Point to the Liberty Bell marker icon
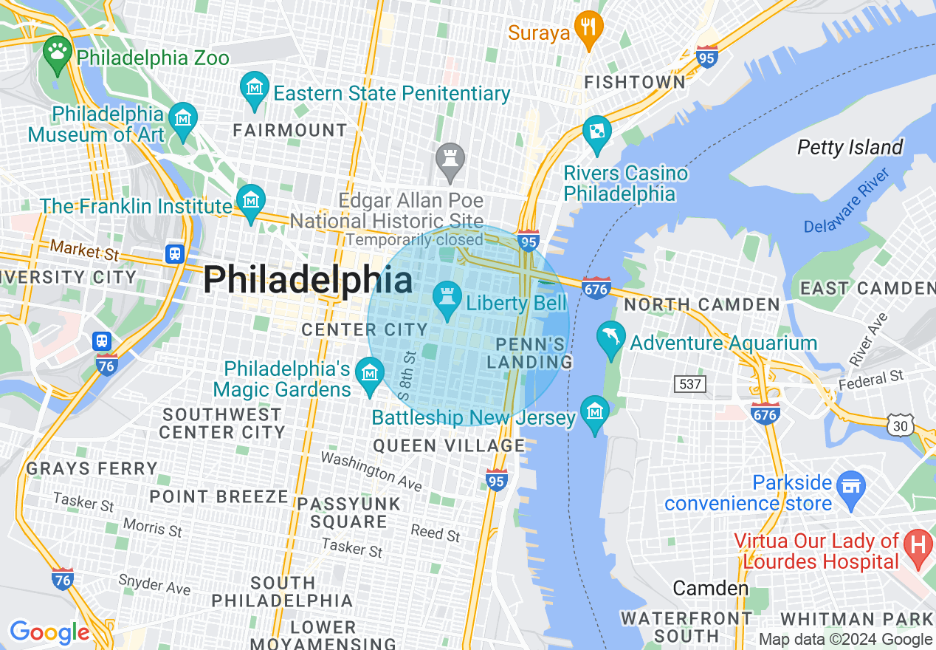tap(447, 298)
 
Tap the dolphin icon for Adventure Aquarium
tap(610, 338)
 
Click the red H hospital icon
tap(918, 546)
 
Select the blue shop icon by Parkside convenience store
tap(852, 487)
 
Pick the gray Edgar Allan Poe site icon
tap(449, 159)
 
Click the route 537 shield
tap(690, 383)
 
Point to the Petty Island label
tap(850, 148)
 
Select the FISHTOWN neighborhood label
tap(634, 83)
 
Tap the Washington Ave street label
tap(371, 471)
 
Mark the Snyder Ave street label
tap(154, 584)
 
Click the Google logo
tap(49, 633)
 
